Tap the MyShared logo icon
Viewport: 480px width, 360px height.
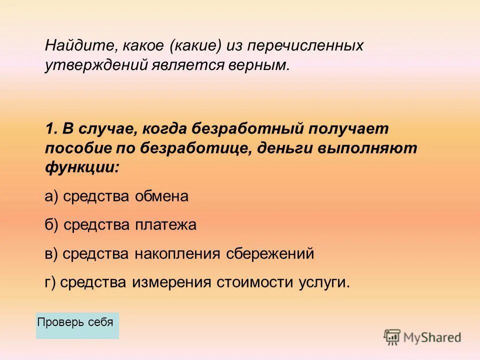point(392,337)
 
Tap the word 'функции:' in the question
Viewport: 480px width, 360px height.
point(82,167)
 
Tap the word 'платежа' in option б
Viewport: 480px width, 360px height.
point(165,225)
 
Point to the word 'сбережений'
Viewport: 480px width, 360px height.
point(270,254)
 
